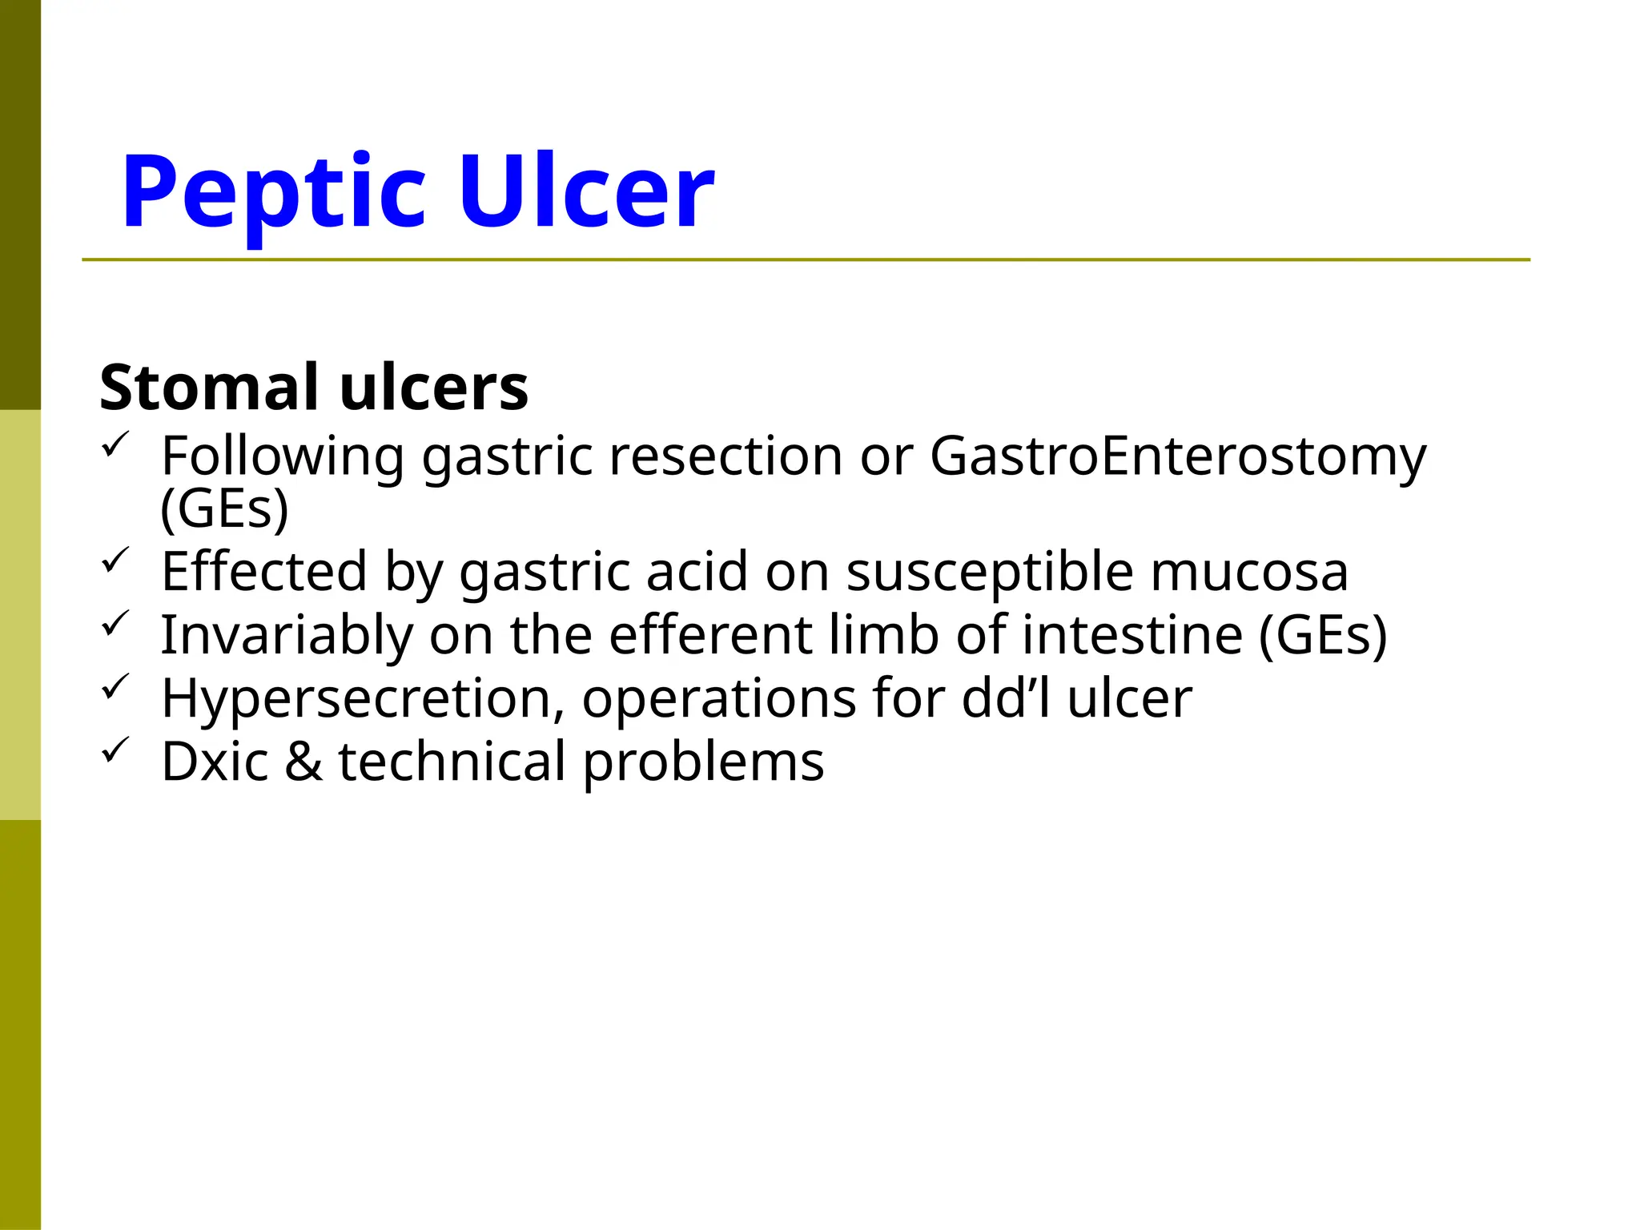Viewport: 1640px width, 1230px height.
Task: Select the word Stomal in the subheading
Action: [209, 388]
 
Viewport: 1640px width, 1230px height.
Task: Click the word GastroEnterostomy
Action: [1178, 457]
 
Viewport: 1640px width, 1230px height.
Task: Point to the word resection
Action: [726, 456]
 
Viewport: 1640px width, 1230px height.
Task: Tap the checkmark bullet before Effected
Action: [115, 559]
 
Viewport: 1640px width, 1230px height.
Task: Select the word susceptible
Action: [990, 573]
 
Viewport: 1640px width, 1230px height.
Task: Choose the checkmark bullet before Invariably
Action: [115, 622]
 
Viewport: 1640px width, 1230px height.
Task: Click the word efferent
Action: [709, 635]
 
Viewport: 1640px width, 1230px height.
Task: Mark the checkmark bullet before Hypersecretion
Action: [115, 686]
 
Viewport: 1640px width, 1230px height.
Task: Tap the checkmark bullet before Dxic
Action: [115, 750]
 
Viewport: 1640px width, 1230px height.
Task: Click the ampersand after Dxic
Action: [303, 762]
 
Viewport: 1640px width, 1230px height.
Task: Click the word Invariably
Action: [287, 636]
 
